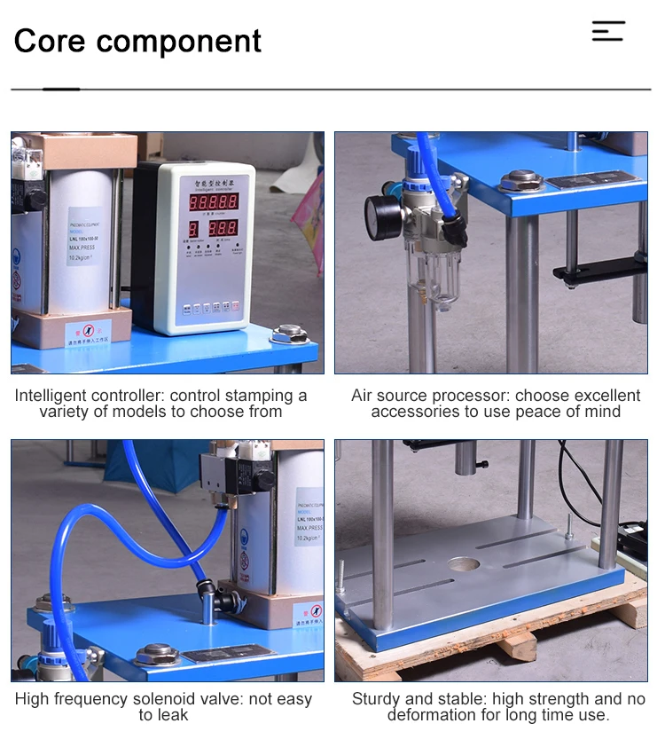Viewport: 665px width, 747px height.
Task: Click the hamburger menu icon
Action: pyautogui.click(x=608, y=31)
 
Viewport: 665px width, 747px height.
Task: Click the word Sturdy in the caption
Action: pyautogui.click(x=376, y=699)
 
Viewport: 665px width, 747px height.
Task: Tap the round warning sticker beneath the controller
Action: pyautogui.click(x=95, y=333)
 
